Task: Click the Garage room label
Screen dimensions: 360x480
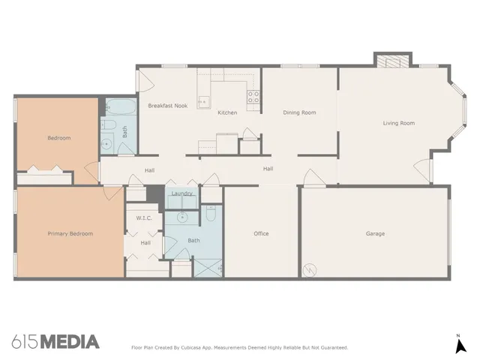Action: pyautogui.click(x=375, y=234)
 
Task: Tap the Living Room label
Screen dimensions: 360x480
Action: pyautogui.click(x=398, y=123)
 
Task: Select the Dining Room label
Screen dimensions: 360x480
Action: pyautogui.click(x=299, y=112)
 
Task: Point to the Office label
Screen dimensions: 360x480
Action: pyautogui.click(x=261, y=234)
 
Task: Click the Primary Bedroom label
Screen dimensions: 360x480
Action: pyautogui.click(x=70, y=234)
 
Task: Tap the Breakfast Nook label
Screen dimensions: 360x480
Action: pyautogui.click(x=167, y=106)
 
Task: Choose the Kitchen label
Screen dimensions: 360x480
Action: pyautogui.click(x=227, y=112)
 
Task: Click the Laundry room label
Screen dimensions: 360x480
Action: pyautogui.click(x=182, y=193)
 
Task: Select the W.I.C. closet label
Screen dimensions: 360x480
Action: pyautogui.click(x=144, y=217)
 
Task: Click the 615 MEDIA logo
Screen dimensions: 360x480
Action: pyautogui.click(x=55, y=342)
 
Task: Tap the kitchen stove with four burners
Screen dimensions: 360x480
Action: pyautogui.click(x=253, y=96)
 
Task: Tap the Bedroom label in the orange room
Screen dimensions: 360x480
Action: pyautogui.click(x=59, y=138)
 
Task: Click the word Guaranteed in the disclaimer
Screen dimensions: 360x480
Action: pyautogui.click(x=333, y=348)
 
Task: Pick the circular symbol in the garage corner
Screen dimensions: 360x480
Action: pyautogui.click(x=309, y=269)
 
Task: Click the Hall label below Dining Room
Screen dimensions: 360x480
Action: pyautogui.click(x=268, y=169)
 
